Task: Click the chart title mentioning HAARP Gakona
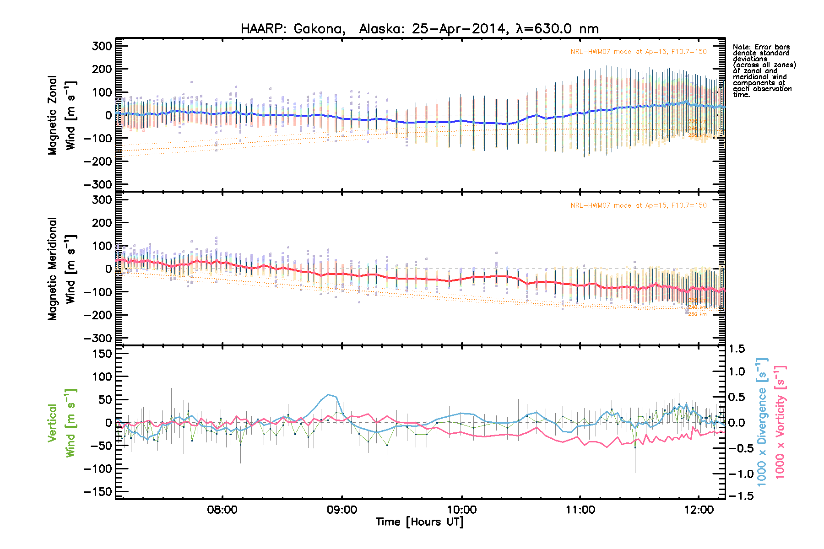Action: pos(419,29)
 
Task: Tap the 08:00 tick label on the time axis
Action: pos(222,510)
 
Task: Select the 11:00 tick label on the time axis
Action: pos(580,510)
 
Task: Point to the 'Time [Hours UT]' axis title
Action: pos(419,522)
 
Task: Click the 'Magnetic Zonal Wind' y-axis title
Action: pos(61,115)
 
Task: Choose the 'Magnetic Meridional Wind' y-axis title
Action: pos(61,269)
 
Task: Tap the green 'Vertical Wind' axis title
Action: pos(61,423)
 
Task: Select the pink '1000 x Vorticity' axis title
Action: pos(780,422)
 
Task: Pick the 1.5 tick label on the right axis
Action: pos(737,349)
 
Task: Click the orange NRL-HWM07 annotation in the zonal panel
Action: pos(638,52)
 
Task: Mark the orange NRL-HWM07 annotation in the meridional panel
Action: pos(638,205)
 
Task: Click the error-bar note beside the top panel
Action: pos(764,71)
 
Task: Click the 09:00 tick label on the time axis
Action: pos(342,510)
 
